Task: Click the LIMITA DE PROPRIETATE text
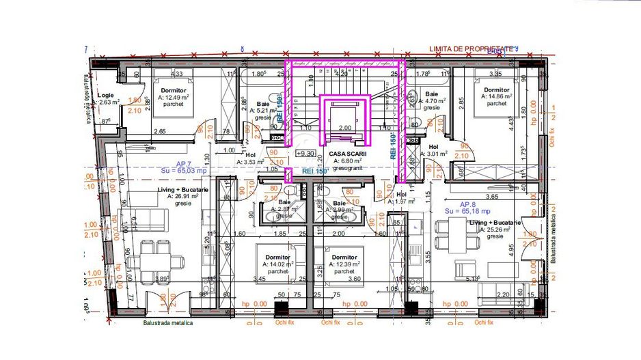472,49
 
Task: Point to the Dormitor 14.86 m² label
495,97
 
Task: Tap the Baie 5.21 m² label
262,109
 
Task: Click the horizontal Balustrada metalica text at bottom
167,323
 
